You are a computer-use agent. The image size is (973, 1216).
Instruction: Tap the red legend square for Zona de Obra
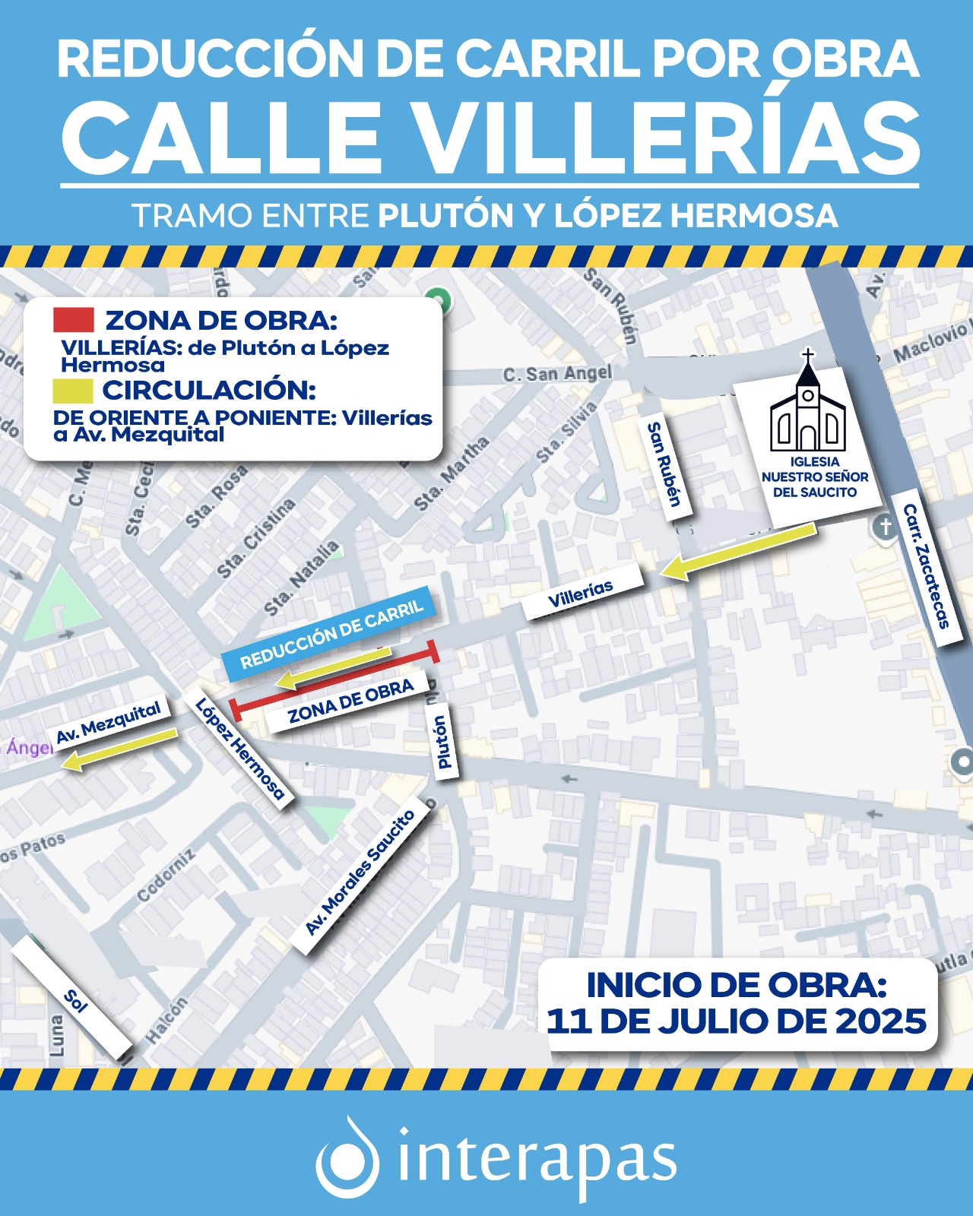(x=73, y=320)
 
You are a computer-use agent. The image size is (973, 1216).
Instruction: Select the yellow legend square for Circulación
(x=72, y=391)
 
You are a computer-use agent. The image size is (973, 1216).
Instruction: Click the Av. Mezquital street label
(x=109, y=722)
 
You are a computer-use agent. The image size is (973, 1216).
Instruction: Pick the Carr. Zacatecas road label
(x=927, y=565)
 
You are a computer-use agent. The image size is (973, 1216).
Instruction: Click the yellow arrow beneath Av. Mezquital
(x=119, y=749)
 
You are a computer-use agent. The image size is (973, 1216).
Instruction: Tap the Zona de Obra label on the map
(x=350, y=702)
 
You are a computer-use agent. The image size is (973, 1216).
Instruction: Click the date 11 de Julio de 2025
(x=736, y=1021)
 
